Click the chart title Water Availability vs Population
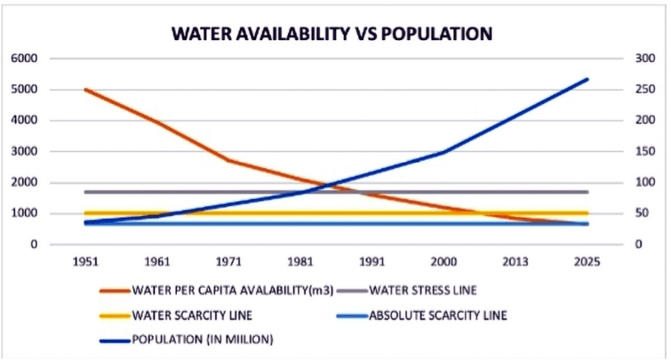pos(332,35)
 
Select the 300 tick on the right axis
pos(638,59)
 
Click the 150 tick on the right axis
pos(638,152)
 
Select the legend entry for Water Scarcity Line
pos(191,315)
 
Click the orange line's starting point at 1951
pos(86,90)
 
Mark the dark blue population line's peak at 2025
pos(587,79)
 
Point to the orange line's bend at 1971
pos(228,161)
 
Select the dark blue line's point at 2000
pos(444,152)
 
